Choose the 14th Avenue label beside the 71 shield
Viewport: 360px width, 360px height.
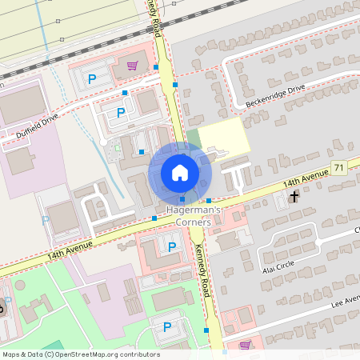point(307,177)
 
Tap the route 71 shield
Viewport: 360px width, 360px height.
point(340,168)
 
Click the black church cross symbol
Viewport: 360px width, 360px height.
point(294,195)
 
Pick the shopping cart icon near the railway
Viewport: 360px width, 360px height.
point(133,66)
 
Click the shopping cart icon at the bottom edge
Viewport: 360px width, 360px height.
point(245,346)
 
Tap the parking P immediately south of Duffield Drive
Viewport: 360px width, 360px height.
point(121,113)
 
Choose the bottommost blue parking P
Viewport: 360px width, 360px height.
point(167,326)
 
